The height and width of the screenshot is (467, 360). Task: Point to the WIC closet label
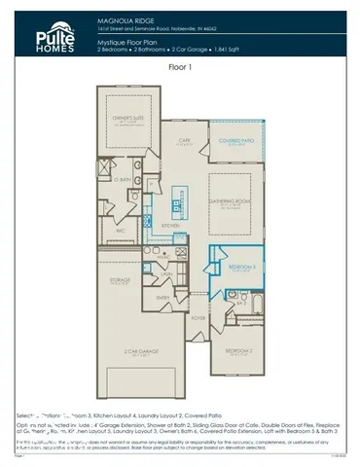pyautogui.click(x=120, y=231)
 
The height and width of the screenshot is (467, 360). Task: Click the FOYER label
pyautogui.click(x=198, y=316)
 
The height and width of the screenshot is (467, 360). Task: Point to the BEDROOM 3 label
pyautogui.click(x=241, y=266)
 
